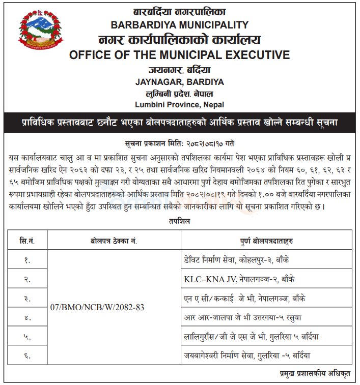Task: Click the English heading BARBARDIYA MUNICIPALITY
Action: coord(179,24)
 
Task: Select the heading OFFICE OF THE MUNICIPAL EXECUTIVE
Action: coord(179,55)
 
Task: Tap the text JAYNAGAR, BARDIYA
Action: coord(179,81)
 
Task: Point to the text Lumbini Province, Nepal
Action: coord(179,104)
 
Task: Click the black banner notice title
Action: coord(179,123)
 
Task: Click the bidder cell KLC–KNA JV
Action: coord(239,279)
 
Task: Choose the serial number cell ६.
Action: coord(27,355)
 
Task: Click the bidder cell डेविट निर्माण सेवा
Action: coord(244,260)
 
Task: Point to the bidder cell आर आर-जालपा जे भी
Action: coord(244,317)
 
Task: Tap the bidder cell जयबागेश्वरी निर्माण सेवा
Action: coord(247,355)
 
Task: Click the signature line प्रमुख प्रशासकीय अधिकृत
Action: coord(316,373)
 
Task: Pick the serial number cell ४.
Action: coord(27,317)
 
